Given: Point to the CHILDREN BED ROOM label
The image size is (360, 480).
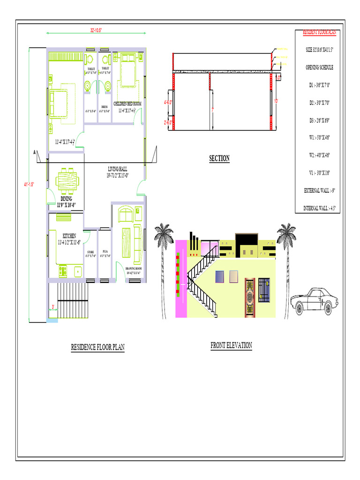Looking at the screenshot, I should (x=127, y=104).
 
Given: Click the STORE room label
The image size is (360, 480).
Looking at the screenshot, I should (x=90, y=252).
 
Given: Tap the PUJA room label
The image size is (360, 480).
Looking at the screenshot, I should (x=105, y=252).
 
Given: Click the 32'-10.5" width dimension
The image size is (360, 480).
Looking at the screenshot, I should (x=96, y=30).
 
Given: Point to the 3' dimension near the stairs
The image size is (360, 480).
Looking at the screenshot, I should (x=53, y=307).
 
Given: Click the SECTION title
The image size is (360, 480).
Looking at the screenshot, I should (x=219, y=158).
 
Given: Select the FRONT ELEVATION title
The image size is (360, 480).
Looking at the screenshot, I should (x=231, y=345).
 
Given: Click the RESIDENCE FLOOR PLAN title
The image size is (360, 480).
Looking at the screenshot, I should (x=97, y=347).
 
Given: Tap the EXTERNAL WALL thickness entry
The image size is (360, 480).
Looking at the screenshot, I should (x=319, y=190).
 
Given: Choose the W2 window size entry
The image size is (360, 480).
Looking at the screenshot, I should (x=319, y=155).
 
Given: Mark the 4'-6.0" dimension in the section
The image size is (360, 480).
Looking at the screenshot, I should (x=168, y=102).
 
